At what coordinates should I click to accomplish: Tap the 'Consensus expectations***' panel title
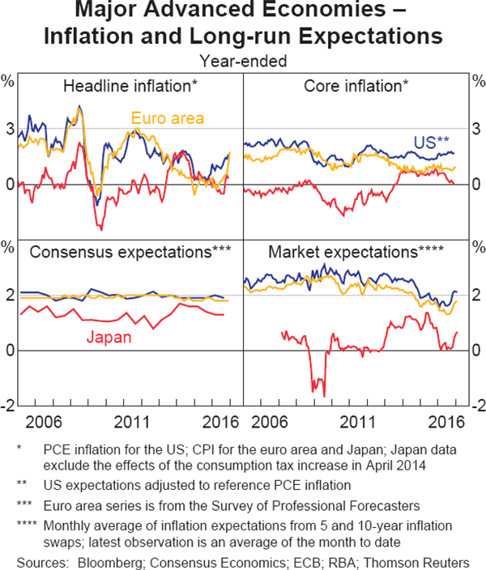click(130, 252)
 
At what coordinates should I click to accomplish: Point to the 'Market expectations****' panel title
click(356, 252)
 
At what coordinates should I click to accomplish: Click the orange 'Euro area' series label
click(168, 119)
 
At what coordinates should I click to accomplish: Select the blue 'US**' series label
click(431, 142)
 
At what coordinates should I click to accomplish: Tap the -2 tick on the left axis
click(9, 406)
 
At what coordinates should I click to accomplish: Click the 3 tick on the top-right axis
click(476, 130)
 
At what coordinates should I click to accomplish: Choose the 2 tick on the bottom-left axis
click(9, 296)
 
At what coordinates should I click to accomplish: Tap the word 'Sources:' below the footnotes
click(40, 560)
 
